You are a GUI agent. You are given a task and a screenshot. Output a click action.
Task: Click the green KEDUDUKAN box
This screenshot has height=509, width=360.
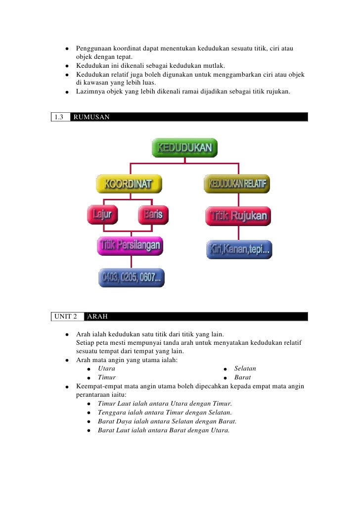tap(184, 147)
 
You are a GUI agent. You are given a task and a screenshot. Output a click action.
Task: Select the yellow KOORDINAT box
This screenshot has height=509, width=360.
tap(129, 185)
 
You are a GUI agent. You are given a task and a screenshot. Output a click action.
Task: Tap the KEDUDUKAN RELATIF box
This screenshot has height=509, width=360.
tap(237, 184)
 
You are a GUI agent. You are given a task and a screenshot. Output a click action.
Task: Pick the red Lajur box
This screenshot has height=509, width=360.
tap(103, 215)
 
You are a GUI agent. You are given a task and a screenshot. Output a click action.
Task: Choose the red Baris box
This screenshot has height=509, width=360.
tap(153, 215)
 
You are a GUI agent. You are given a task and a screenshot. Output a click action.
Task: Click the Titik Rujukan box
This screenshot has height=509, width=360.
tap(238, 216)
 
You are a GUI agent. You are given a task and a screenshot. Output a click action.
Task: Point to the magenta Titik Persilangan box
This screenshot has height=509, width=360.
tap(130, 245)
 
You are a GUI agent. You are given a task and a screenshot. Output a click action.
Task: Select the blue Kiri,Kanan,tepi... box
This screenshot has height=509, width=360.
tap(239, 250)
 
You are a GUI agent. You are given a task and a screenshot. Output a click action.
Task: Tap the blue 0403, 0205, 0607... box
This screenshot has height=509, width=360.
tap(131, 278)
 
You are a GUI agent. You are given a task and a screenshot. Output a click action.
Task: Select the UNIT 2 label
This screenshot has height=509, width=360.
tap(66, 317)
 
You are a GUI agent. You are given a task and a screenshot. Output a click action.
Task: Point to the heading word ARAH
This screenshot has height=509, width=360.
tap(97, 317)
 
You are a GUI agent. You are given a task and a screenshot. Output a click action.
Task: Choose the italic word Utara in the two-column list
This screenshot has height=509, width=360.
tap(106, 369)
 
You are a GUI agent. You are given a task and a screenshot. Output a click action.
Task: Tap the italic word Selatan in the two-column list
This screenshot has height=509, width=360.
tap(245, 369)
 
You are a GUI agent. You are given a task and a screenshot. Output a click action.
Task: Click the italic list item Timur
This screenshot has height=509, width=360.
tap(107, 377)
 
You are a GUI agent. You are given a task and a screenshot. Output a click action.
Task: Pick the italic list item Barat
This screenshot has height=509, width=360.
tap(242, 377)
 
